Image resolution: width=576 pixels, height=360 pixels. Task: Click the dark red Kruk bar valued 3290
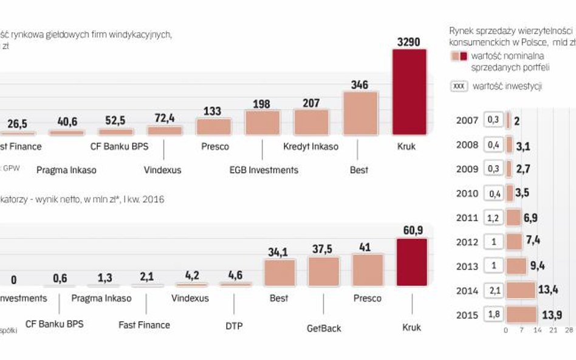click(x=410, y=92)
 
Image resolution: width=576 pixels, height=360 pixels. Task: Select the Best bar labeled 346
click(x=360, y=113)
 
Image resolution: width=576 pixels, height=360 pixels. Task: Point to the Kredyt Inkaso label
click(x=310, y=146)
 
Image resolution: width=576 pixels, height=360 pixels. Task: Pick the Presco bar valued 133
click(x=213, y=126)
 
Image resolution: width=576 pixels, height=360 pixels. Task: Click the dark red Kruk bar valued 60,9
click(x=411, y=262)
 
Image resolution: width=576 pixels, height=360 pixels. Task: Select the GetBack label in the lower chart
click(x=324, y=328)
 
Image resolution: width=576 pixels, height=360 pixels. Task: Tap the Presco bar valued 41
click(x=368, y=270)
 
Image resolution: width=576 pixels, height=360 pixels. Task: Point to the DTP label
click(x=233, y=326)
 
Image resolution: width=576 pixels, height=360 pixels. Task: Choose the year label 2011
click(x=467, y=217)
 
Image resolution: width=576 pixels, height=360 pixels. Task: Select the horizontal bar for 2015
click(x=521, y=314)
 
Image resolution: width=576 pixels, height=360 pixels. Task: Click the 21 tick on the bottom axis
click(x=553, y=330)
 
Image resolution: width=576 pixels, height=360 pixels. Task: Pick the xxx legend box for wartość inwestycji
click(x=459, y=86)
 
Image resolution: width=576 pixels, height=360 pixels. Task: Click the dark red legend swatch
click(x=464, y=56)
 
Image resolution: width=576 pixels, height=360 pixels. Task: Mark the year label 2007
click(x=467, y=120)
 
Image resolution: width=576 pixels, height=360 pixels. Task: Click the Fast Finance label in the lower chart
click(x=145, y=325)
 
